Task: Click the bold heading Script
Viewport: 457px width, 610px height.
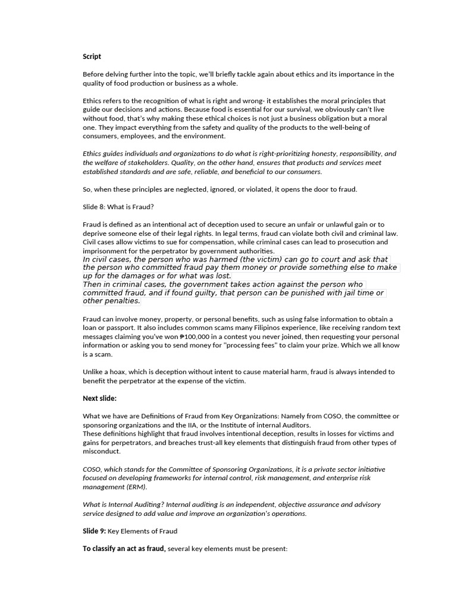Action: point(92,57)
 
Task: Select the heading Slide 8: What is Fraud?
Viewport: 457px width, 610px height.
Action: point(118,207)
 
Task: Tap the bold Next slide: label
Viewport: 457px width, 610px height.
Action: point(99,398)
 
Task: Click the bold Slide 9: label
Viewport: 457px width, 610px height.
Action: point(94,531)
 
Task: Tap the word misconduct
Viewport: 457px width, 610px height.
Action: point(101,452)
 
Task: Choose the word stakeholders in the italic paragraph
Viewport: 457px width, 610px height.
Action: point(148,163)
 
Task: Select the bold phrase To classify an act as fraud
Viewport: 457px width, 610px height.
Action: point(124,548)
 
